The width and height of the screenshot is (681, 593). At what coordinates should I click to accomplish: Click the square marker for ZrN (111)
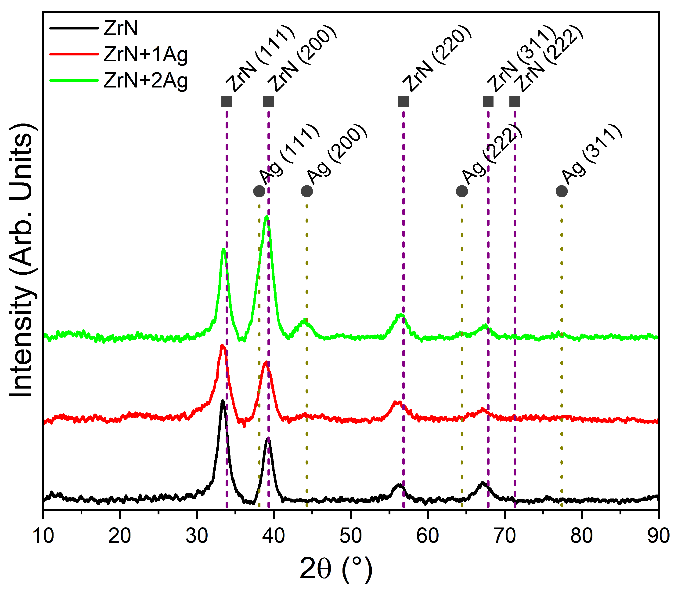(227, 102)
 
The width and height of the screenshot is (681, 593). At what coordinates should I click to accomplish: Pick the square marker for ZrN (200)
(269, 102)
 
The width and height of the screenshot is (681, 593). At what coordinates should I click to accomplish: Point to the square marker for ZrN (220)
(404, 102)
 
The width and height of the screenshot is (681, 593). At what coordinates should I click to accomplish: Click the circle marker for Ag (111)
(259, 191)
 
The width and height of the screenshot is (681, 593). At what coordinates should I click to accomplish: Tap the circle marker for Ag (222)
(462, 191)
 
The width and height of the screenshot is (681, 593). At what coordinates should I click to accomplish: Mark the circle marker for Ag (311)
(562, 191)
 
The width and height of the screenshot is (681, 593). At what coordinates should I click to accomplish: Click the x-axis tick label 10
(43, 535)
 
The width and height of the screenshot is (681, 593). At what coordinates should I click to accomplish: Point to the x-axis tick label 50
(351, 535)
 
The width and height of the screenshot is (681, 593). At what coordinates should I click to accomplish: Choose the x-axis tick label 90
(658, 535)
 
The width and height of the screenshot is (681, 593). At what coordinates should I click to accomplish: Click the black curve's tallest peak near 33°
(223, 401)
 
